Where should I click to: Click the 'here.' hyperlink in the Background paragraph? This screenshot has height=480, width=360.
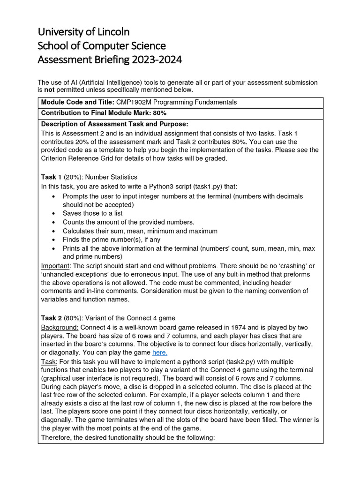click(x=160, y=352)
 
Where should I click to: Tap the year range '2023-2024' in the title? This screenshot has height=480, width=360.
click(x=157, y=60)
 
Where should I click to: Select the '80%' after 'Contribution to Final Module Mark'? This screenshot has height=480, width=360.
click(x=159, y=113)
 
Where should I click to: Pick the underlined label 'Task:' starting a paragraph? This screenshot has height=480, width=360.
click(x=49, y=361)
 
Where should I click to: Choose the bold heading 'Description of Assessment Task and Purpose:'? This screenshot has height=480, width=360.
click(x=114, y=124)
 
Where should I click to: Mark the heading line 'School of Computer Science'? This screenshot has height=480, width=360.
click(x=102, y=46)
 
